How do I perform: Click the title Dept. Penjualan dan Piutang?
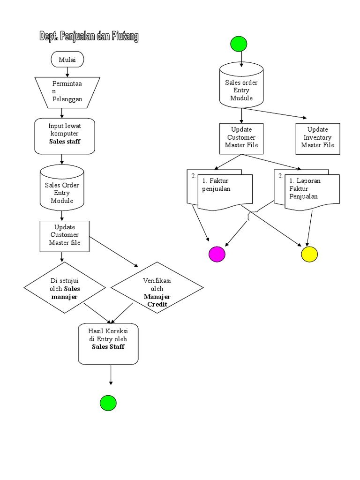[89, 37]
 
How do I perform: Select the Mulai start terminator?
[67, 60]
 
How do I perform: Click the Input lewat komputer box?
[65, 136]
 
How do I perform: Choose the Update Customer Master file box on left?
[65, 235]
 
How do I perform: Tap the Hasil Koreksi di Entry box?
[108, 343]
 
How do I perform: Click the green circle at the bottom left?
[108, 403]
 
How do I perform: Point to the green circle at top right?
[239, 44]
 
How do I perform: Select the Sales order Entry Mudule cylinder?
[241, 87]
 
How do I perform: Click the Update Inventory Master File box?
[318, 138]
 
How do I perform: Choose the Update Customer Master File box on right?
[241, 138]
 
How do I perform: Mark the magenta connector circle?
[217, 254]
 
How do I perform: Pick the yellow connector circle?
[309, 254]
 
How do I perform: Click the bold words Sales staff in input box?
[65, 142]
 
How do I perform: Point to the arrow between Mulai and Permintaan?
[67, 72]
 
